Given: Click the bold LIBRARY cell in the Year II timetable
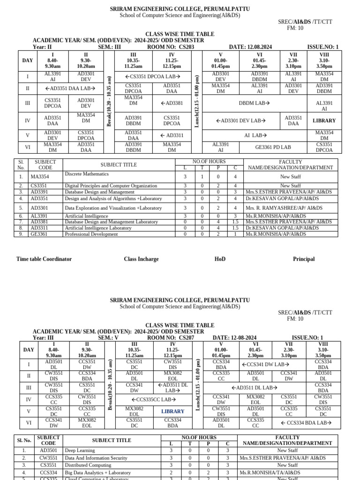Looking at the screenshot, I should tap(324, 120).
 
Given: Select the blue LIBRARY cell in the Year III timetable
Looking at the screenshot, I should tap(173, 411).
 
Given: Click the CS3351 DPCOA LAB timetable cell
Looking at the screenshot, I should tap(153, 76).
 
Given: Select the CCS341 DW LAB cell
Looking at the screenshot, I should tap(265, 364).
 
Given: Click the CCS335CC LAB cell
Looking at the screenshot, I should tap(153, 399).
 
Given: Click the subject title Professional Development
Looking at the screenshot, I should tap(91, 234).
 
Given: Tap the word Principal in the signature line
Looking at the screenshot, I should tap(304, 259).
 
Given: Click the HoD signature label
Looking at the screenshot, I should tap(220, 259).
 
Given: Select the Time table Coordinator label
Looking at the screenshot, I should tap(44, 259).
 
